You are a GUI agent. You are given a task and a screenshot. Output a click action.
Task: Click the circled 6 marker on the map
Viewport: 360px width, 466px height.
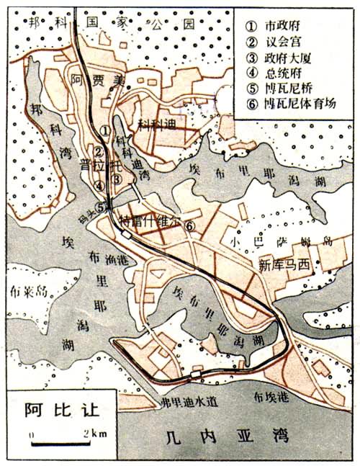click(x=189, y=227)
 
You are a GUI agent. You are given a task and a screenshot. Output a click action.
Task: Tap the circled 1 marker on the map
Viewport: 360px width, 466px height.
click(x=105, y=130)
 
